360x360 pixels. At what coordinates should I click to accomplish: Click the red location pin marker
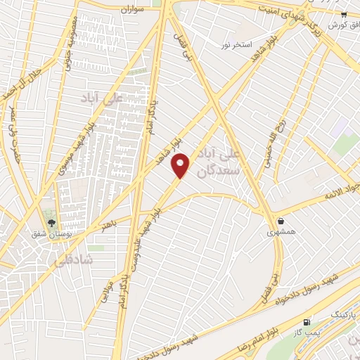pyautogui.click(x=181, y=166)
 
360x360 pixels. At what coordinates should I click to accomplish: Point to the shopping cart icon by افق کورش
pyautogui.click(x=343, y=15)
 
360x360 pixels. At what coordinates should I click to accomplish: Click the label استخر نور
pyautogui.click(x=237, y=45)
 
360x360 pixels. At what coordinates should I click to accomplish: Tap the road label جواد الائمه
pyautogui.click(x=342, y=191)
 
